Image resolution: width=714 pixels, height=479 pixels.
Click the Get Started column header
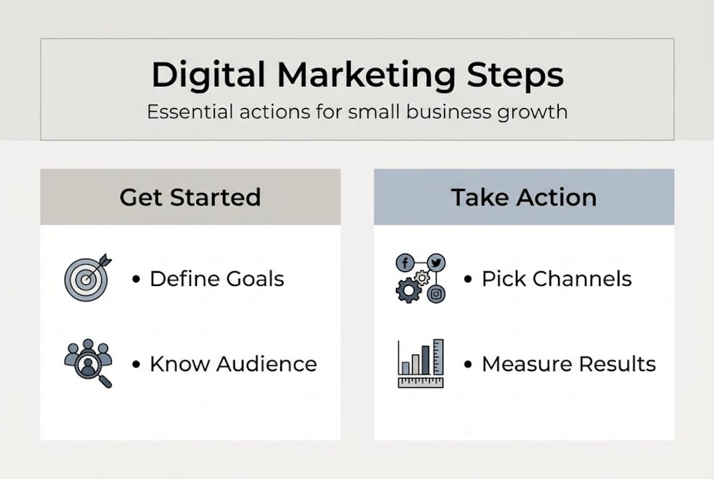pyautogui.click(x=190, y=198)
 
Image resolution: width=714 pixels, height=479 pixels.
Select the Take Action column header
pyautogui.click(x=524, y=198)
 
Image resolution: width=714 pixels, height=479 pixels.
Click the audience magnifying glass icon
pyautogui.click(x=89, y=363)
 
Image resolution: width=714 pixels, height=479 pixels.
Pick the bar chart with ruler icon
pyautogui.click(x=421, y=363)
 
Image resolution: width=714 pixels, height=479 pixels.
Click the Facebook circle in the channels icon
pyautogui.click(x=405, y=263)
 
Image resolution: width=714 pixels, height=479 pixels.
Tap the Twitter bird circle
pyautogui.click(x=436, y=263)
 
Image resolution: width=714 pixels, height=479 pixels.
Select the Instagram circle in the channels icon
pyautogui.click(x=436, y=293)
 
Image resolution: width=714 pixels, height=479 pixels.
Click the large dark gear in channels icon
pyautogui.click(x=408, y=291)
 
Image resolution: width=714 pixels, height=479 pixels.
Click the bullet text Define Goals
pyautogui.click(x=217, y=279)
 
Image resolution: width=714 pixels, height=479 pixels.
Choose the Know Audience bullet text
pyautogui.click(x=233, y=364)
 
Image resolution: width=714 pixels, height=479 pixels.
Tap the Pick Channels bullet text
pyautogui.click(x=556, y=279)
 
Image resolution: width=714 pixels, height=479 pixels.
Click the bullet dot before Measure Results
pyautogui.click(x=468, y=365)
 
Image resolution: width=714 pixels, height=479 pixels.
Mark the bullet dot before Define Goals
pyautogui.click(x=136, y=279)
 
